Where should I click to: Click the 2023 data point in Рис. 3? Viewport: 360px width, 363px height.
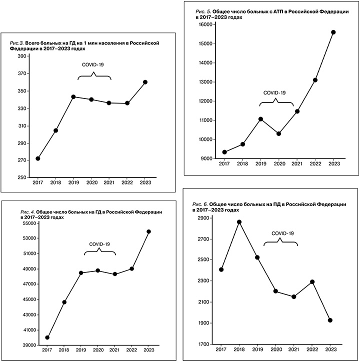coord(145,82)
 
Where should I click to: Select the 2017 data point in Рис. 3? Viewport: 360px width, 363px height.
coord(38,158)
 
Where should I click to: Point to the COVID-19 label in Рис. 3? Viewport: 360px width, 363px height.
coord(93,65)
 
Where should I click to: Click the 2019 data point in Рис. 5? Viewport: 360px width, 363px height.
coord(260,119)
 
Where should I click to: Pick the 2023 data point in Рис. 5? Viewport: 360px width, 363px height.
coord(333,32)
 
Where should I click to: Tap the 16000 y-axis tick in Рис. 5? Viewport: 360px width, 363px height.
coord(205,24)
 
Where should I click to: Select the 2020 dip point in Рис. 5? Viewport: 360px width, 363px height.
coord(279,133)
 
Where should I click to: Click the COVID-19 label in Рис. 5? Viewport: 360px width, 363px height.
coord(274,92)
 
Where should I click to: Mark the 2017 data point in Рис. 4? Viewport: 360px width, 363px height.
coord(47,337)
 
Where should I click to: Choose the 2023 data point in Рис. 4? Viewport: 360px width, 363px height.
coord(149,231)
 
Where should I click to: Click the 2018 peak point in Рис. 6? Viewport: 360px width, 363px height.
coord(239,222)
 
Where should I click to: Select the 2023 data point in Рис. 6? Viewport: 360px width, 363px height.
coord(330,320)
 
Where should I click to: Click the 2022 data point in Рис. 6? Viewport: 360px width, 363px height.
coord(312,281)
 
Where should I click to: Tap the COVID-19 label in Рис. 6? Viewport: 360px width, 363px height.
coord(282,233)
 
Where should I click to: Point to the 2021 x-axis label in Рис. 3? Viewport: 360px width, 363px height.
coord(109,183)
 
